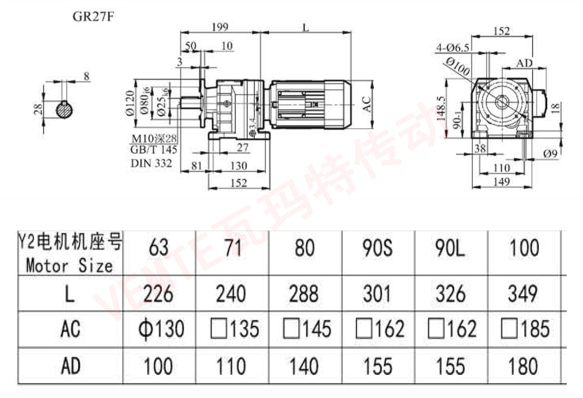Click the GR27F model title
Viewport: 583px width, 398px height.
(93, 17)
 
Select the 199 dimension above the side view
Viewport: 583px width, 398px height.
(220, 27)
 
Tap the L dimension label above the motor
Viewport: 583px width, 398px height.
(305, 27)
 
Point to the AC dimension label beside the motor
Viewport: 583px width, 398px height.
(367, 104)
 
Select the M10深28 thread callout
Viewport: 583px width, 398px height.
(154, 138)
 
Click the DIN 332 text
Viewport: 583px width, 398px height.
(151, 163)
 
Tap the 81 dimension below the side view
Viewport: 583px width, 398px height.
(196, 166)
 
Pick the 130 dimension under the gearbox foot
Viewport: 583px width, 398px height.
(239, 166)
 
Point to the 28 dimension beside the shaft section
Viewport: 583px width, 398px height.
(38, 109)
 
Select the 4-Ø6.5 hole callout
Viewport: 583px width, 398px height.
(452, 48)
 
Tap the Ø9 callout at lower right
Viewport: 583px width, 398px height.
(550, 154)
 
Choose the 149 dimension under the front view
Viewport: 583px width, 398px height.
(501, 182)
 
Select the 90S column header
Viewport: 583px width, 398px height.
(377, 248)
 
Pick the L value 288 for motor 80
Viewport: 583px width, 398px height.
(304, 294)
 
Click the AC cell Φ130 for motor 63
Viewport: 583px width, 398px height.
(161, 329)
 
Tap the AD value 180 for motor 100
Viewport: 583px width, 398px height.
(523, 366)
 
